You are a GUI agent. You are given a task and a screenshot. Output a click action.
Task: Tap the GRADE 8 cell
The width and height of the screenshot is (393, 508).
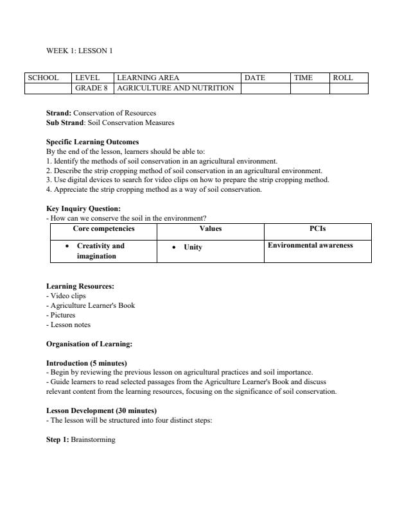pos(91,88)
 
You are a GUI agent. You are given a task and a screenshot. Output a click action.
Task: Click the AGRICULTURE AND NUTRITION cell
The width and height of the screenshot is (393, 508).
pos(175,88)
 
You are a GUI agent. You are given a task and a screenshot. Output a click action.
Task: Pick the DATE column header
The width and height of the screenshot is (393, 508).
pos(255,78)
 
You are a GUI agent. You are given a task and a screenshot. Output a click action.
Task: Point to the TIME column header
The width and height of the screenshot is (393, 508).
pos(303,78)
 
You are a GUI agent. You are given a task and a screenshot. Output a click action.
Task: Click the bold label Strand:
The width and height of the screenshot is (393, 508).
pos(58,113)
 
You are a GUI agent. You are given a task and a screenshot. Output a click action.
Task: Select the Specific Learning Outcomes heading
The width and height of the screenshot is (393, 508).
pos(92,142)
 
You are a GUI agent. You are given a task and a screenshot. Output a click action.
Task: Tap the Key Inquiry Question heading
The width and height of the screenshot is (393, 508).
pos(83,208)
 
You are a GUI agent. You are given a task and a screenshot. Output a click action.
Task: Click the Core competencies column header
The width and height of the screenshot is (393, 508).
pos(103,228)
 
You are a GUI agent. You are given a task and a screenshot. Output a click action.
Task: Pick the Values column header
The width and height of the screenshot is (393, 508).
pos(211,228)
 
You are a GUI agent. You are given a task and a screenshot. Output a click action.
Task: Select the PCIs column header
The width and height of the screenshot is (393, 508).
pos(318,228)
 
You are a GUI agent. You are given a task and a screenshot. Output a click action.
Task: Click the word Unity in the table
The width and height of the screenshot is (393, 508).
pos(193,247)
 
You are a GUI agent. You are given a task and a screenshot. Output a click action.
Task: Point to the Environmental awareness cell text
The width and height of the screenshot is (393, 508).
pos(310,246)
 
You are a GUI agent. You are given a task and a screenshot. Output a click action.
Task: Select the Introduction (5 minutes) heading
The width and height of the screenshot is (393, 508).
pos(87,362)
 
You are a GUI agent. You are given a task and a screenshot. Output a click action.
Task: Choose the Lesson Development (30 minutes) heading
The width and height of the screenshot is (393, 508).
pos(101,410)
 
